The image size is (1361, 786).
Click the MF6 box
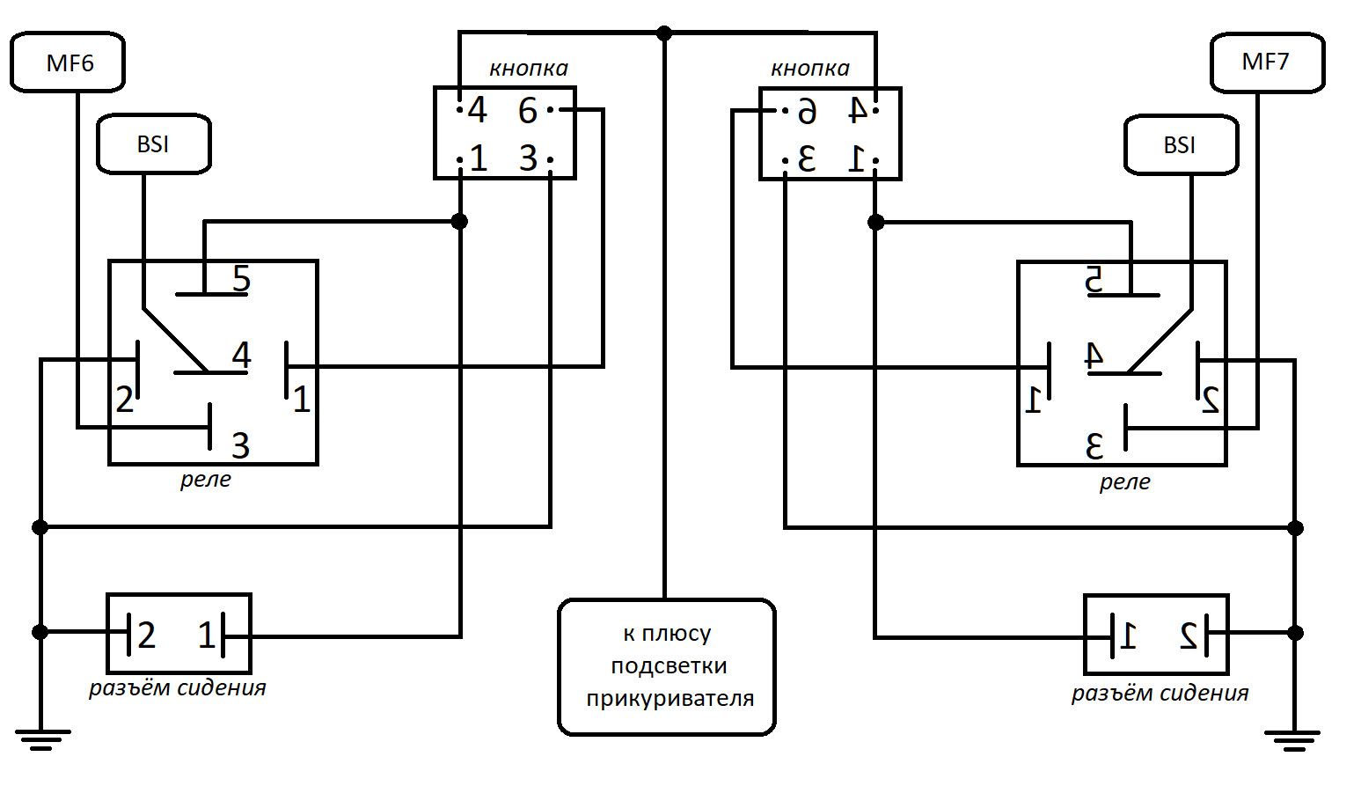[x=68, y=62]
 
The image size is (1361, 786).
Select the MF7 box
[x=1267, y=62]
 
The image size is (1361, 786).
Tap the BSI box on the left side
[x=153, y=144]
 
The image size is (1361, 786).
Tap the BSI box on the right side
[x=1181, y=145]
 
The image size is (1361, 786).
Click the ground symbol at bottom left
[x=41, y=738]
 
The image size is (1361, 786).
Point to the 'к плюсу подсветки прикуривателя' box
[x=667, y=667]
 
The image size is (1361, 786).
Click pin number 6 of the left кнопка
[x=528, y=111]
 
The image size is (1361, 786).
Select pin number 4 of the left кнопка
[x=477, y=111]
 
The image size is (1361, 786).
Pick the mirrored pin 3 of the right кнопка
[x=807, y=159]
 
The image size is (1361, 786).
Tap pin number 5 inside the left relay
[x=241, y=279]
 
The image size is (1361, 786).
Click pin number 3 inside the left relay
[x=240, y=446]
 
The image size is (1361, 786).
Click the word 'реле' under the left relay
[x=205, y=480]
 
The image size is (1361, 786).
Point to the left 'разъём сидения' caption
[x=177, y=687]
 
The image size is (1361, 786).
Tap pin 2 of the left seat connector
[x=146, y=635]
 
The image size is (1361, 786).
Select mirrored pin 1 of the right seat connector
[x=1129, y=635]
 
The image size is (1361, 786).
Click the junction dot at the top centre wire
[x=664, y=33]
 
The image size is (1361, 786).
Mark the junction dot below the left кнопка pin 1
[x=459, y=221]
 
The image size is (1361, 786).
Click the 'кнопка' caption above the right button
[x=809, y=69]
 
